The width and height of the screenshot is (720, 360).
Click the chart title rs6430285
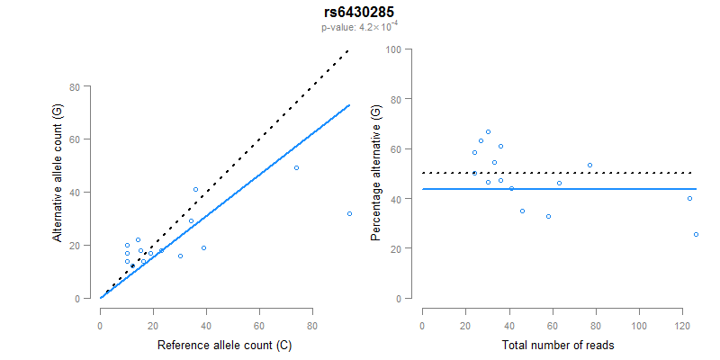359,12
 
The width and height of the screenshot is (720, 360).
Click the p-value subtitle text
359,27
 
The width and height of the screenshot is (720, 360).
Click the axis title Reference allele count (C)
224,345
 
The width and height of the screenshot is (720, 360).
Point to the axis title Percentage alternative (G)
376,174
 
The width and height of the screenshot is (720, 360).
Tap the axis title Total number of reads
559,345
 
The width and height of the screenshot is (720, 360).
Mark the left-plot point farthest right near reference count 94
349,213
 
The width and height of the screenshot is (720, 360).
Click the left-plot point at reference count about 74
296,168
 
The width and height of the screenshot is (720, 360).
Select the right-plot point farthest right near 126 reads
696,234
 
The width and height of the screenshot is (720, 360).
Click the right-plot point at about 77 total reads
589,166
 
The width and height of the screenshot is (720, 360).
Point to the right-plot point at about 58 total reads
548,216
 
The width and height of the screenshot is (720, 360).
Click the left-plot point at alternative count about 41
195,190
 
